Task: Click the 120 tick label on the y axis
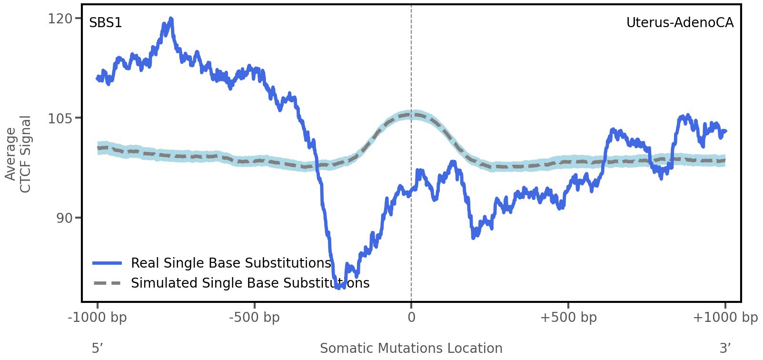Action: click(x=59, y=19)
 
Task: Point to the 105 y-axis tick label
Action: click(x=59, y=118)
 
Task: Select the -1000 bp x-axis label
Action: click(x=98, y=318)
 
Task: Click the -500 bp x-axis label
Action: click(x=254, y=318)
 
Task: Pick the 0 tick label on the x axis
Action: click(x=411, y=318)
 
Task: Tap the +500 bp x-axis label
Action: click(x=568, y=318)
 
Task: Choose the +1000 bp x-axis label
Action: click(x=725, y=318)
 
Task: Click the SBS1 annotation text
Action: click(x=106, y=23)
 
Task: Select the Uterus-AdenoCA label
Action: click(x=680, y=23)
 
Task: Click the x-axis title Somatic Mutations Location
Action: click(x=411, y=349)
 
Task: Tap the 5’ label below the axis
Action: click(x=97, y=349)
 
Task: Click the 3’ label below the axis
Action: click(x=725, y=349)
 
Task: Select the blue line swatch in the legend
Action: click(x=108, y=263)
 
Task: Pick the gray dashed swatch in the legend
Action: click(x=108, y=283)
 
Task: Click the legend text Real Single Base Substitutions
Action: click(x=231, y=263)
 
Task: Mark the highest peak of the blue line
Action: click(x=171, y=19)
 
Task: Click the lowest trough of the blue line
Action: click(x=339, y=287)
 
